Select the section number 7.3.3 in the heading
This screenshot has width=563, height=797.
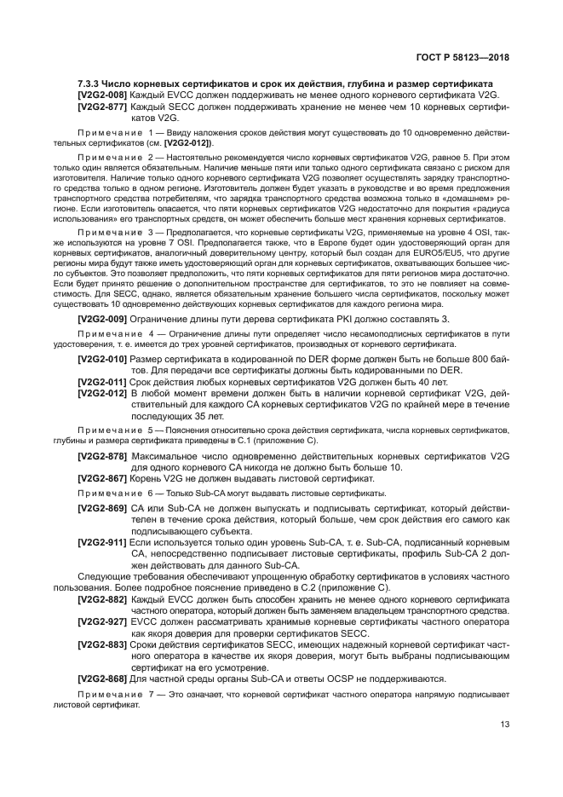pyautogui.click(x=90, y=84)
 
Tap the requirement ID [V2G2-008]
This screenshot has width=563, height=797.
pyautogui.click(x=102, y=95)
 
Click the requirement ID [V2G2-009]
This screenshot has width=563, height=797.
pyautogui.click(x=102, y=318)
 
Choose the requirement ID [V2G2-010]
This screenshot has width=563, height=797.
pyautogui.click(x=102, y=361)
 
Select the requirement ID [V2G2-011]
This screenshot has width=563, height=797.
pyautogui.click(x=102, y=384)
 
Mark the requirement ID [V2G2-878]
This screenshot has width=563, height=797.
pyautogui.click(x=102, y=457)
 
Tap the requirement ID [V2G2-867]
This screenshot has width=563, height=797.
pyautogui.click(x=102, y=480)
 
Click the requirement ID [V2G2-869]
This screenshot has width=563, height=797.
pyautogui.click(x=102, y=509)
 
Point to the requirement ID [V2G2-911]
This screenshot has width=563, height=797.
pyautogui.click(x=102, y=543)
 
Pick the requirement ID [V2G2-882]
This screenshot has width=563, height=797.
pyautogui.click(x=102, y=599)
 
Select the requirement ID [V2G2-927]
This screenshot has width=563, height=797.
pyautogui.click(x=102, y=622)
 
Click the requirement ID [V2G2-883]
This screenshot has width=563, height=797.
pyautogui.click(x=102, y=645)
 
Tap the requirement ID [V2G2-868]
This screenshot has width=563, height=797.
pyautogui.click(x=102, y=679)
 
